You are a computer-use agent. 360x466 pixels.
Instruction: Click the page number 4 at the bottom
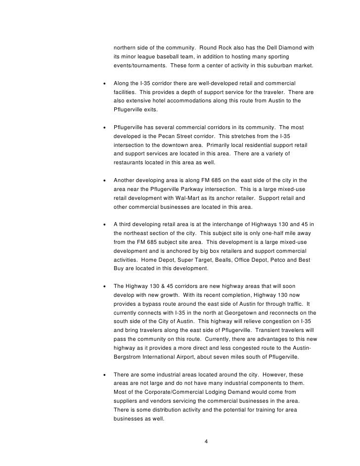tap(206, 441)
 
